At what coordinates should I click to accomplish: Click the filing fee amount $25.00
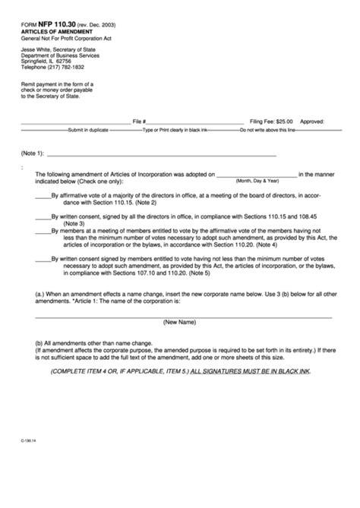pyautogui.click(x=284, y=121)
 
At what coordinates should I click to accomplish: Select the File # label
pyautogui.click(x=139, y=121)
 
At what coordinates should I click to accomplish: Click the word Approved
pyautogui.click(x=312, y=121)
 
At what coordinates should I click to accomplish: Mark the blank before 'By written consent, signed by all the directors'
pyautogui.click(x=43, y=216)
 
